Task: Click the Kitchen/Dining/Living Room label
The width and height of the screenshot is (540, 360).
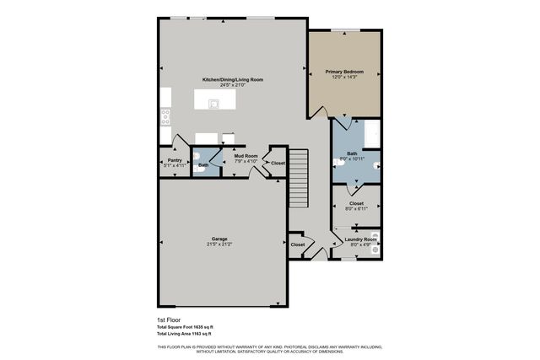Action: (x=231, y=79)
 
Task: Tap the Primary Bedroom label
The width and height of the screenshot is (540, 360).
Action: (x=343, y=73)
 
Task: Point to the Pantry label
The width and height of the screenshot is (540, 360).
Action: (x=175, y=160)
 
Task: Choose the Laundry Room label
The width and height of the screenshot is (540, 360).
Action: (x=360, y=239)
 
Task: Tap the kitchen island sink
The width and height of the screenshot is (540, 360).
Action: (x=215, y=105)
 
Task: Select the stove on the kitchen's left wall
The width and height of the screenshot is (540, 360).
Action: (x=165, y=115)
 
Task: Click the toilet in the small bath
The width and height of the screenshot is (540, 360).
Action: (x=197, y=156)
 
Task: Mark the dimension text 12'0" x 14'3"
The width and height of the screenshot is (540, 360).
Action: (x=343, y=78)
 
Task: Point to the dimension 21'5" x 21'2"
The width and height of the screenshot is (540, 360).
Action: (x=219, y=244)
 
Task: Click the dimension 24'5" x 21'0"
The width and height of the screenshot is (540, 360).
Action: (x=231, y=85)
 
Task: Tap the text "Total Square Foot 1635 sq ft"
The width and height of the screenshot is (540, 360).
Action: (x=185, y=327)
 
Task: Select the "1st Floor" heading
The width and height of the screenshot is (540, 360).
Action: (x=169, y=320)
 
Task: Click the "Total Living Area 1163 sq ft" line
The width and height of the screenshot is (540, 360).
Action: (x=185, y=334)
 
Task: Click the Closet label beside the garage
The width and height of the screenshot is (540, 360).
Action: (x=297, y=244)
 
